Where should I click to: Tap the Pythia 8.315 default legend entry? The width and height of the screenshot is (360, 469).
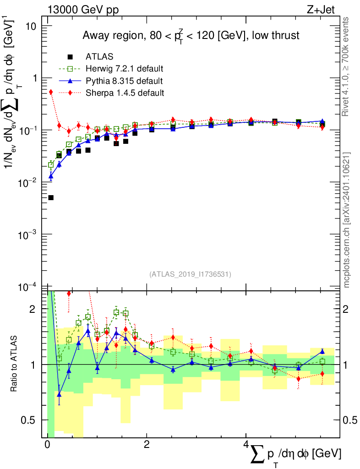[x=124, y=81]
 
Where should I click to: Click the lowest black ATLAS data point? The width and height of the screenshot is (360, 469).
[x=51, y=198]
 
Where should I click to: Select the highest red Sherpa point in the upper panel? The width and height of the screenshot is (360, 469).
[x=51, y=92]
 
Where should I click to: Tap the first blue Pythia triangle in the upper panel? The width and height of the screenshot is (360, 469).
[x=51, y=176]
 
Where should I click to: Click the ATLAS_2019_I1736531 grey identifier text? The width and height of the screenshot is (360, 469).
[x=190, y=274]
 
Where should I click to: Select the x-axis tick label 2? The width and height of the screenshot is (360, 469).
[x=146, y=445]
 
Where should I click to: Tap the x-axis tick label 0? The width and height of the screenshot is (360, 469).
[x=47, y=445]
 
